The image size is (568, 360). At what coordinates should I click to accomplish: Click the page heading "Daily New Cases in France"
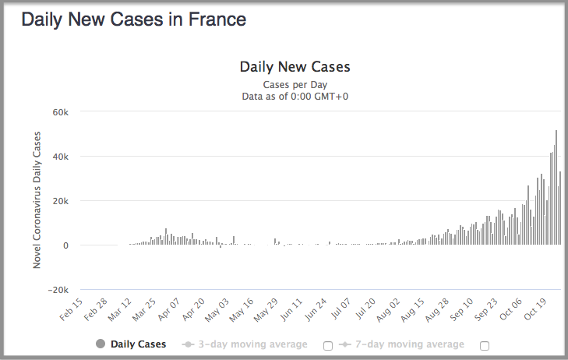(133, 20)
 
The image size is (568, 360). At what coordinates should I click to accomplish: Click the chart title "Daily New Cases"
(295, 67)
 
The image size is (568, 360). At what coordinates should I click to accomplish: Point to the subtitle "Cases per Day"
(295, 84)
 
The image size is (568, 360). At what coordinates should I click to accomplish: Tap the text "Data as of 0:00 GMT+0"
(295, 96)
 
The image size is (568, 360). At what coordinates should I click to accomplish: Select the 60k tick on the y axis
(61, 112)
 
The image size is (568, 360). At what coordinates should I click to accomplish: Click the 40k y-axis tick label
(61, 157)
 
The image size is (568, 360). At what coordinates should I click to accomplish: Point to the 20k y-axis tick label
(61, 201)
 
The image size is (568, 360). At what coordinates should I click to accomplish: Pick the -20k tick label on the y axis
(58, 290)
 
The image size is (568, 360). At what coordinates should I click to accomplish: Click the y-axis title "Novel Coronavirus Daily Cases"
(37, 200)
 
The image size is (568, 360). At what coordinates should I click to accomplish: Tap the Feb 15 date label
(72, 310)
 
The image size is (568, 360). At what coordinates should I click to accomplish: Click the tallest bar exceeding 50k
(556, 187)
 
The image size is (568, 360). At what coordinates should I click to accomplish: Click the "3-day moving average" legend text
(252, 344)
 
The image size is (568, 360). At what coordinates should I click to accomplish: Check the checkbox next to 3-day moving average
(328, 345)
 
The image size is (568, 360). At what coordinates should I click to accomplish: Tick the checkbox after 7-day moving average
(485, 345)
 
